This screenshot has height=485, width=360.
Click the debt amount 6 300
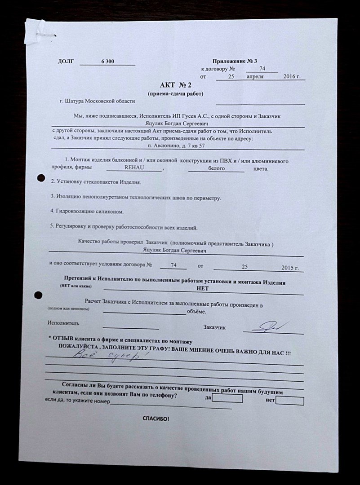[107, 62]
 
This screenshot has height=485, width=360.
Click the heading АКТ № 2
[175, 85]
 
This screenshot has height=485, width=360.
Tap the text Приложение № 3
[235, 61]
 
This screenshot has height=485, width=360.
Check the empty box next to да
[227, 398]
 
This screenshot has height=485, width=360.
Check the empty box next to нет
[289, 401]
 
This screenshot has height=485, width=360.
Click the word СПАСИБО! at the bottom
[156, 419]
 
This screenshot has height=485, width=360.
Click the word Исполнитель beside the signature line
[63, 323]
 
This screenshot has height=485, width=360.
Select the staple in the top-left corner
[45, 34]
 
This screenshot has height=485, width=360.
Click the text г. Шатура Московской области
[97, 102]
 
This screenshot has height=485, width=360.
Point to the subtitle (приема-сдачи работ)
[175, 94]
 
